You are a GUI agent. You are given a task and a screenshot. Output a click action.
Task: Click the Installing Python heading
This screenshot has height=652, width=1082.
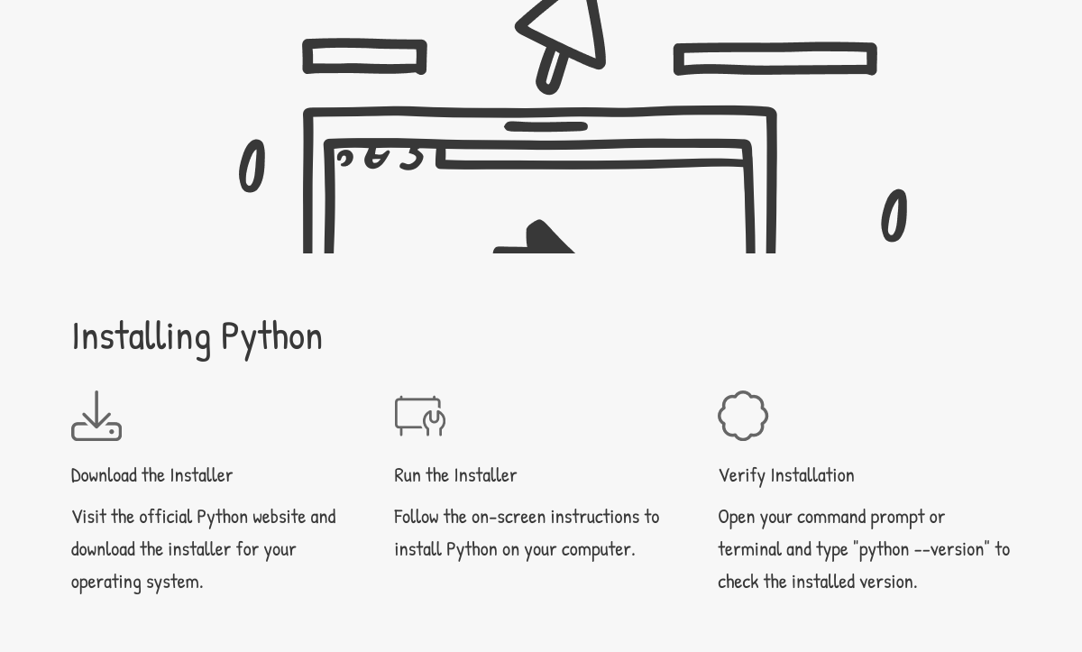[197, 336]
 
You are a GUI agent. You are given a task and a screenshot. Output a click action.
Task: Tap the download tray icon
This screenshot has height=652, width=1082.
[96, 416]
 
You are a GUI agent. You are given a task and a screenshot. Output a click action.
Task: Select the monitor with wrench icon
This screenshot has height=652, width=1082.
[420, 416]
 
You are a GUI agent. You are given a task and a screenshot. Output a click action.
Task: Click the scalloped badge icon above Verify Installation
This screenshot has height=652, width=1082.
[743, 416]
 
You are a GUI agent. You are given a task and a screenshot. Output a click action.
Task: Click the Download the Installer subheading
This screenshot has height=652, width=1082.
[151, 474]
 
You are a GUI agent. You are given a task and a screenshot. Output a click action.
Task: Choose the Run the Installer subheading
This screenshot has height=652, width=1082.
[455, 474]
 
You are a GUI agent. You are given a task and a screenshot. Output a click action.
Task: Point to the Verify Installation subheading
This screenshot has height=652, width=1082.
[786, 474]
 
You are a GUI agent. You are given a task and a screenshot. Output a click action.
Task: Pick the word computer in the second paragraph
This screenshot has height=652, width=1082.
[598, 548]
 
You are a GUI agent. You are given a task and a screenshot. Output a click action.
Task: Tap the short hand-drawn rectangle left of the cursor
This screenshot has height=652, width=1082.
[364, 57]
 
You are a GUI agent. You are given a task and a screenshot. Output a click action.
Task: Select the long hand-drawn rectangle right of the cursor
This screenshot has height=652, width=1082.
[775, 60]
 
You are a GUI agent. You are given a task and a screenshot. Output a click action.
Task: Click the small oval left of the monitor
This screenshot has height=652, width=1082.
[252, 166]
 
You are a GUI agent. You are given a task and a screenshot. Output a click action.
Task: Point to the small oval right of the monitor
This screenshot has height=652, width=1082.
[894, 216]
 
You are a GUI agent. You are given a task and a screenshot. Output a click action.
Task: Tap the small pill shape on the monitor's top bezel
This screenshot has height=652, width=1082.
[546, 127]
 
